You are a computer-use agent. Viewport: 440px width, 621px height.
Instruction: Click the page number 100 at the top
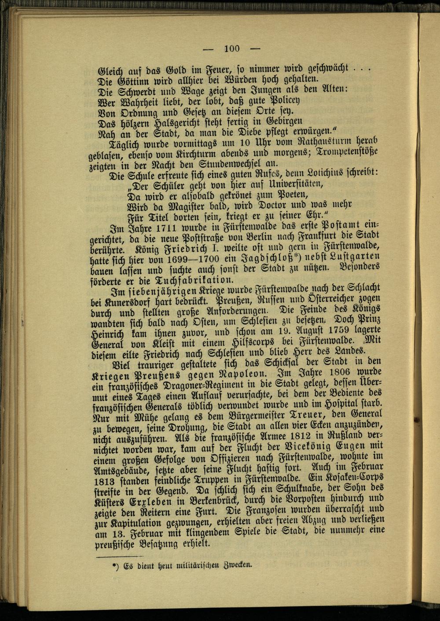click(x=232, y=48)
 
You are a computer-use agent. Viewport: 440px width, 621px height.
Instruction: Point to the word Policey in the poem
click(x=276, y=103)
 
